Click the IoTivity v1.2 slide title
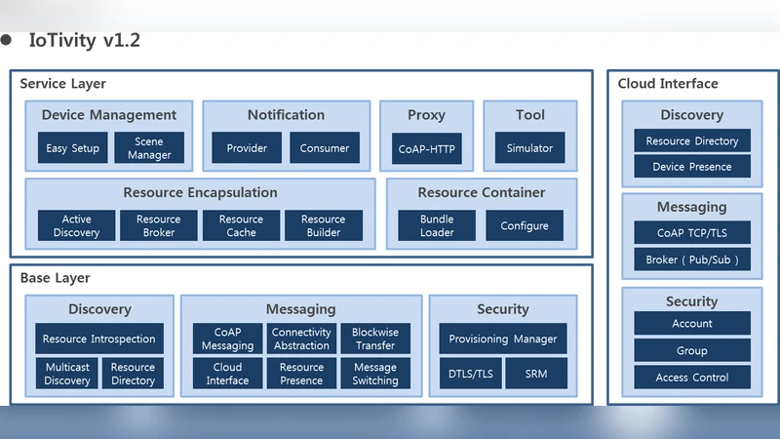pos(84,41)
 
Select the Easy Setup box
pos(72,148)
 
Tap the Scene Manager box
pos(149,148)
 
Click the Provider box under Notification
pos(247,148)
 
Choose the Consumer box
pos(325,148)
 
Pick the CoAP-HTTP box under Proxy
pos(426,148)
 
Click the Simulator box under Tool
pos(529,148)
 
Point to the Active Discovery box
pos(76,226)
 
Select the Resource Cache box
pos(241,226)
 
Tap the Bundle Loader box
pos(437,226)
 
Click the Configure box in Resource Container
pos(525,226)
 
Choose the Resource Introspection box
pos(99,339)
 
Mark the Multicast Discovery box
pos(67,374)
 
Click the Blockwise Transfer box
pos(375,339)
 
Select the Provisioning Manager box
pos(503,339)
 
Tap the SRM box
pos(536,374)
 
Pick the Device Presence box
pos(692,167)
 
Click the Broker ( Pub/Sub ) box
pos(692,259)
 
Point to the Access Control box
pos(692,378)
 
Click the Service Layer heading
pos(63,84)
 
